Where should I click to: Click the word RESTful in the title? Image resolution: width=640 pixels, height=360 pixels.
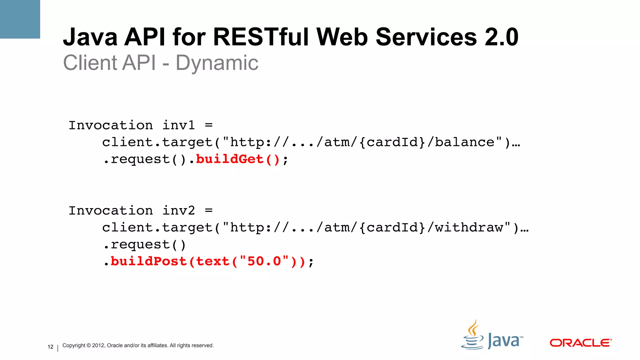pos(262,37)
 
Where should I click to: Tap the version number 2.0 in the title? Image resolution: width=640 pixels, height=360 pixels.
pos(501,37)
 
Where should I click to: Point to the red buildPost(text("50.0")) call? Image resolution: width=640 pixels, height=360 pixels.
pos(207,262)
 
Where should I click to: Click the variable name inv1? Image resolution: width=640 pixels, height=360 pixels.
pos(178,126)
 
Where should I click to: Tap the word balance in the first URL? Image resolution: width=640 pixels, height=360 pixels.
pos(465,142)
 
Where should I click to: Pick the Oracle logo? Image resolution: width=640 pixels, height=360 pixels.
pos(580,343)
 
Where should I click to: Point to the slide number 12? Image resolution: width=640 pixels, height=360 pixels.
pos(50,347)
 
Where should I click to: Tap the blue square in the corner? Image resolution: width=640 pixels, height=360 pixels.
pos(20,19)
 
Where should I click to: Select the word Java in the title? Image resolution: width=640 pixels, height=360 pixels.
pos(90,37)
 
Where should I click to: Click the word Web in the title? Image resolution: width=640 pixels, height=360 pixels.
pos(342,37)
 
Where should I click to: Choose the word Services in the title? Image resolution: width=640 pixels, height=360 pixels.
pos(426,37)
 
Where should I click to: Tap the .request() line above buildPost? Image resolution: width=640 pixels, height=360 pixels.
pos(144,245)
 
